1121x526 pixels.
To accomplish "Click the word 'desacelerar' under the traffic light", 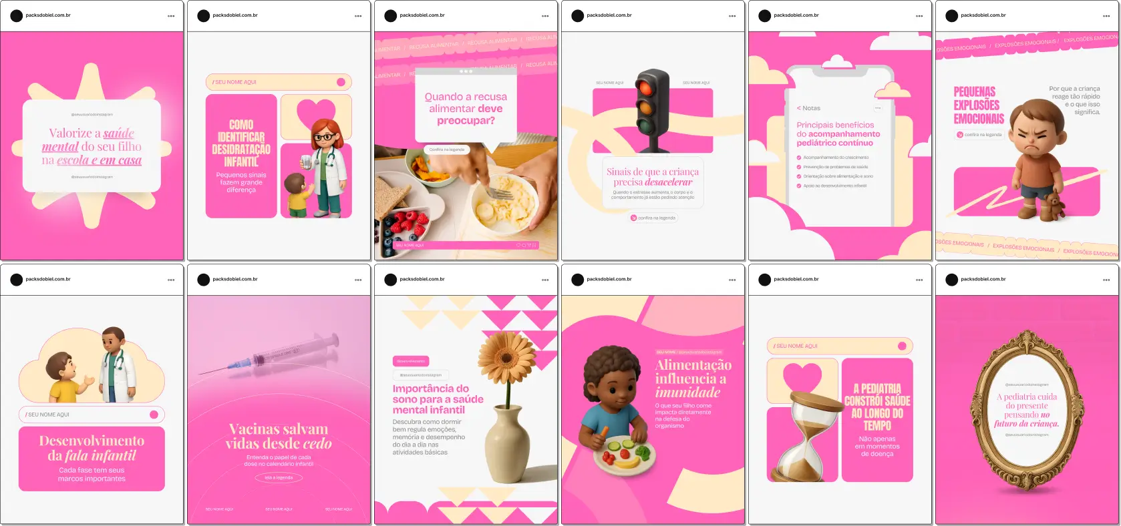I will [668, 182].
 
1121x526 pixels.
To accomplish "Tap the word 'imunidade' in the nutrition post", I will [687, 392].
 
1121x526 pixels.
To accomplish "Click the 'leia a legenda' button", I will [279, 478].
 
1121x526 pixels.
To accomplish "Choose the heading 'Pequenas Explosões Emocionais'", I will [978, 105].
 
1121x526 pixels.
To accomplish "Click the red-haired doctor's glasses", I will [323, 138].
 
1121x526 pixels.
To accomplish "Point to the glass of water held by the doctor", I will [305, 163].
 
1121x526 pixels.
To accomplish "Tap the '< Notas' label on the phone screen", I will [808, 108].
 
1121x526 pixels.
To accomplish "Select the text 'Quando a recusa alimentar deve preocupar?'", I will [466, 108].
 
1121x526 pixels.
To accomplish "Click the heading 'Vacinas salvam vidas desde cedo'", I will [279, 437].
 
